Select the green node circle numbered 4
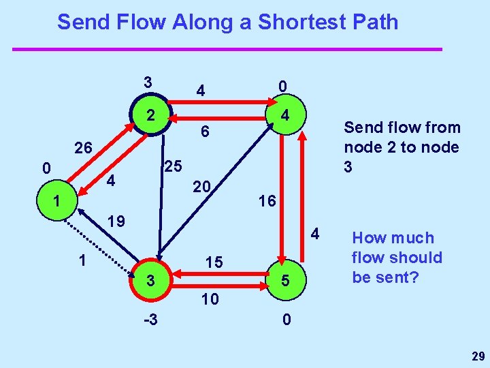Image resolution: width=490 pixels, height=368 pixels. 287,117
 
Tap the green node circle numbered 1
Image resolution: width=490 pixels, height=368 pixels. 58,202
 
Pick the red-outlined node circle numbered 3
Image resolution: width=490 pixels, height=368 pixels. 152,280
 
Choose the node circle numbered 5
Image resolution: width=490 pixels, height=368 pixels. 287,280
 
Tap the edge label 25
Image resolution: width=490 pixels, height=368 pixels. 172,166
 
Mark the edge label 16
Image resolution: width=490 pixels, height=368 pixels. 266,200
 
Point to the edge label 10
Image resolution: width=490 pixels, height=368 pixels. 210,298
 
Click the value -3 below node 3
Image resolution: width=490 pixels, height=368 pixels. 151,319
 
